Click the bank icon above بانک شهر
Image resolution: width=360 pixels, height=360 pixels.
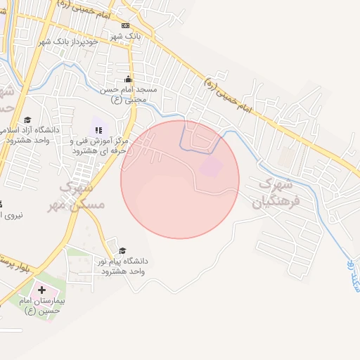click(x=125, y=25)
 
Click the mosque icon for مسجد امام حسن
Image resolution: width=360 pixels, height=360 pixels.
click(x=128, y=79)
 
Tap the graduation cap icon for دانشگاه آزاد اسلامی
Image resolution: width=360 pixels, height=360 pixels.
click(x=27, y=120)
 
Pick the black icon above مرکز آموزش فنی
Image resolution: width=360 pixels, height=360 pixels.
click(x=98, y=129)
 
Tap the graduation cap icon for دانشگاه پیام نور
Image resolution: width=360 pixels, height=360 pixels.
click(x=122, y=250)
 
